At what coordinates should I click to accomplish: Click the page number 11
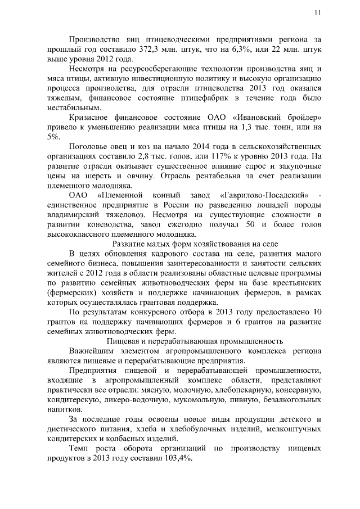pyautogui.click(x=318, y=13)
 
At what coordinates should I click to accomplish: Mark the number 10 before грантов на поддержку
pyautogui.click(x=317, y=312)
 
